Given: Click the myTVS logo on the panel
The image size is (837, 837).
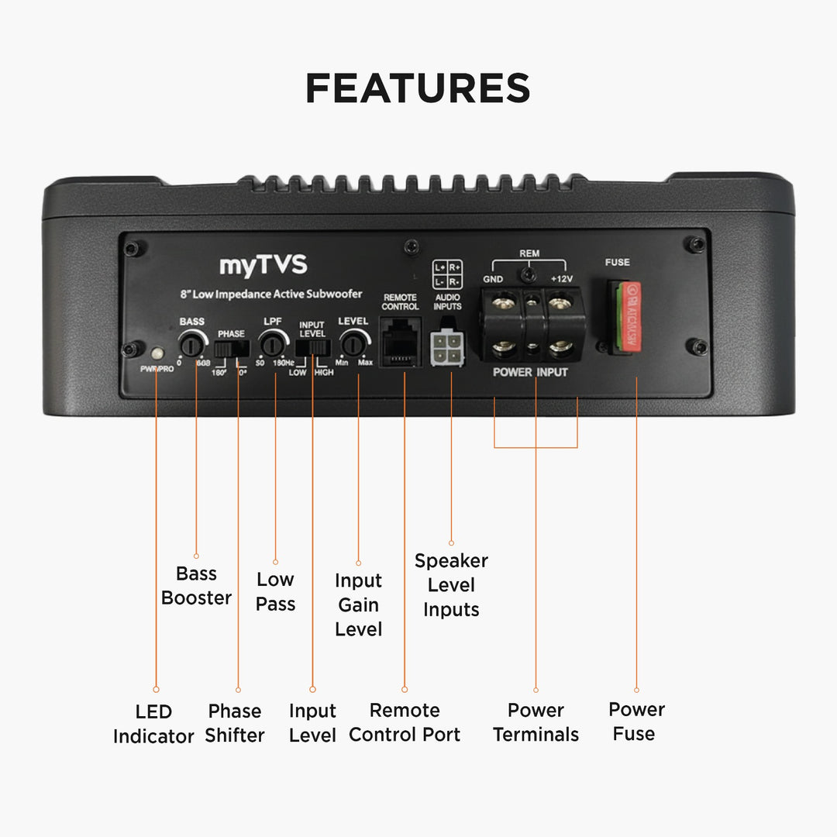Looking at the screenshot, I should coord(263,266).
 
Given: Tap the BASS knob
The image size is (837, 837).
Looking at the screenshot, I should coord(191,342).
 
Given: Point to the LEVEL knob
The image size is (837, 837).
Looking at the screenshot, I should coord(353,342).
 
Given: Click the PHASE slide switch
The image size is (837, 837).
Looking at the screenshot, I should coord(231,350).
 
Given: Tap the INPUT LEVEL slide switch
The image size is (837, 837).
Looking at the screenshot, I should coord(312,349).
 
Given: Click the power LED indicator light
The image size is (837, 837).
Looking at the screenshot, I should coord(157,354).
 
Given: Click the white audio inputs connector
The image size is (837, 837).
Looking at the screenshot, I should coord(446,346).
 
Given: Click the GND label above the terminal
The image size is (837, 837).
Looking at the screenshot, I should coord(494,279).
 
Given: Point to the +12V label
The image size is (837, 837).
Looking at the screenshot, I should coord(561,279).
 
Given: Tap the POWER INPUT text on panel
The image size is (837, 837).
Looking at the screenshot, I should coord(530,372).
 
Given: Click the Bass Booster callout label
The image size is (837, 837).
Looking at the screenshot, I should coord(196,586).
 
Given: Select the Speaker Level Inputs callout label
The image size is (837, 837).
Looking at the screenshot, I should coord(451,585).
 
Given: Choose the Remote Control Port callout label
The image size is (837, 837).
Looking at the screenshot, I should coord(405,722).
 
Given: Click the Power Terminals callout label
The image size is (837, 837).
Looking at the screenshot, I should coord(536,722).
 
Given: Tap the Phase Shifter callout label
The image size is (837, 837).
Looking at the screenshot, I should coord(234,723).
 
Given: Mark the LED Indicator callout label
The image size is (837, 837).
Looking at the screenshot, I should coord(153,724).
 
